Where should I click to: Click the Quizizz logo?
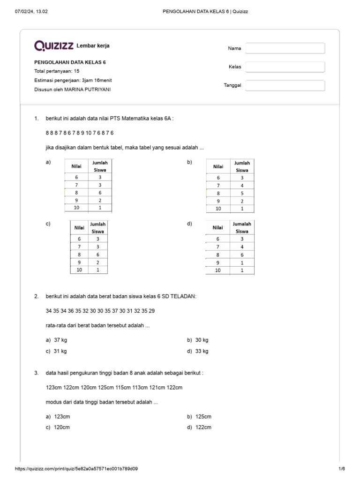pyautogui.click(x=53, y=45)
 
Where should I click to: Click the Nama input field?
pyautogui.click(x=285, y=48)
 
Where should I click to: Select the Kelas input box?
pyautogui.click(x=285, y=67)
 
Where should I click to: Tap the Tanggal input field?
pyautogui.click(x=285, y=85)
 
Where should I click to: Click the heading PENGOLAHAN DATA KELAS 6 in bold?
pyautogui.click(x=73, y=62)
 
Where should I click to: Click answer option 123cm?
pyautogui.click(x=62, y=417)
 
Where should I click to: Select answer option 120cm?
pyautogui.click(x=62, y=427)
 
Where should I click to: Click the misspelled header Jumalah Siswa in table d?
pyautogui.click(x=242, y=227)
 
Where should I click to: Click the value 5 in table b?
pyautogui.click(x=242, y=193)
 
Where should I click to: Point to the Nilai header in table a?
pyautogui.click(x=76, y=166)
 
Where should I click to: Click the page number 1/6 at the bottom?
pyautogui.click(x=341, y=469)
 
